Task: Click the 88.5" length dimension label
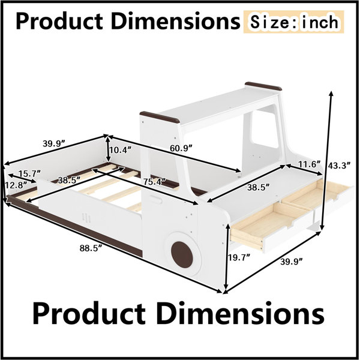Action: point(91,248)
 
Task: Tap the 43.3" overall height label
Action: point(340,166)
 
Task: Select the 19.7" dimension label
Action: point(239,258)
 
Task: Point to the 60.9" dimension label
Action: point(181,148)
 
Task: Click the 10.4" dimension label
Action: point(121,150)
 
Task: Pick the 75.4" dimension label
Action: point(155,182)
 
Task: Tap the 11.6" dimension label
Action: point(309,164)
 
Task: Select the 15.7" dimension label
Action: point(29,173)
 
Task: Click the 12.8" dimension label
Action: point(16,185)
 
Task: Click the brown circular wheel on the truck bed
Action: point(182,254)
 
